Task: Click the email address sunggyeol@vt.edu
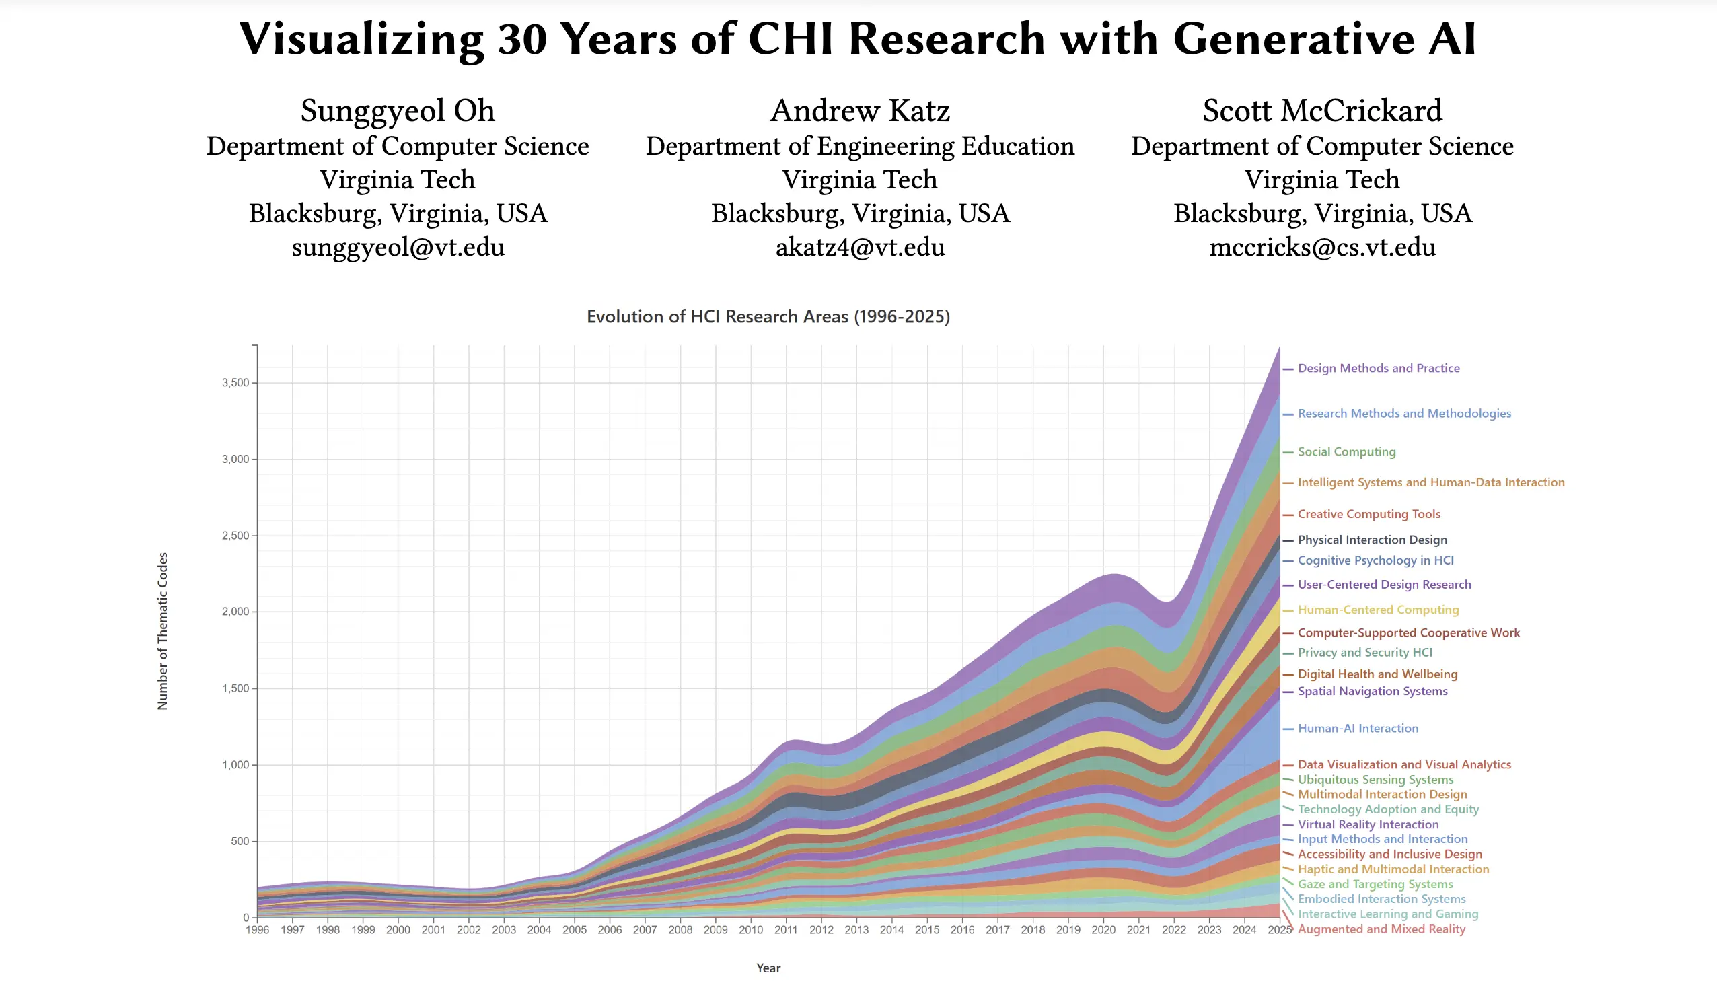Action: coord(398,248)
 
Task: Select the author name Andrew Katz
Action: coord(860,111)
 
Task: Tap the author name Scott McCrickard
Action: coord(1321,111)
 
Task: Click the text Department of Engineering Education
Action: coord(860,146)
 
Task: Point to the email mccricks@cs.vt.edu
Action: coord(1321,248)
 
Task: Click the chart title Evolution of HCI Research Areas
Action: coord(768,317)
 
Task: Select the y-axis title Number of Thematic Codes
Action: coord(162,630)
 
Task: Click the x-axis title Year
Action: coord(768,968)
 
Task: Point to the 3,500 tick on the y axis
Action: coord(235,383)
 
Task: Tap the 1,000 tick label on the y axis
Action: coord(235,765)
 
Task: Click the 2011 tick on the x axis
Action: coord(785,930)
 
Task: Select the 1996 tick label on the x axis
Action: coord(257,930)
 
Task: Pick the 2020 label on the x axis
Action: coord(1103,930)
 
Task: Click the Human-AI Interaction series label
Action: coord(1357,728)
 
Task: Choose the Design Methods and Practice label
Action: coord(1378,369)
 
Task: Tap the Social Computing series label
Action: coord(1346,452)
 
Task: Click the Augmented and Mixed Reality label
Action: coord(1381,929)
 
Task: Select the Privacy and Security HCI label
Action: coord(1364,652)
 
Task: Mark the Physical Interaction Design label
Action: coord(1371,540)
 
